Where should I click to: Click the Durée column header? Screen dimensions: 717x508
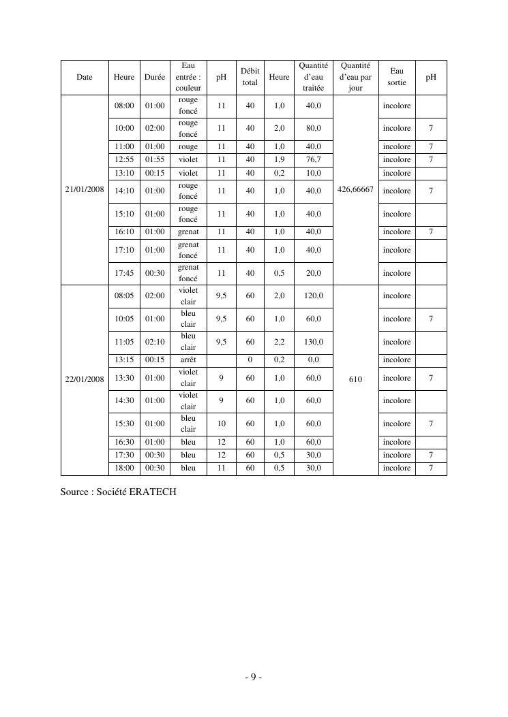tap(155, 77)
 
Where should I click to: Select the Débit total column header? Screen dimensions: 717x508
tap(250, 77)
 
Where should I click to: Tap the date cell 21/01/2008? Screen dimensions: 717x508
tap(85, 190)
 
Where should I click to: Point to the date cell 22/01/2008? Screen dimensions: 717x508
tap(85, 379)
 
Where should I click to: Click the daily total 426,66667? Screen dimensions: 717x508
tap(355, 190)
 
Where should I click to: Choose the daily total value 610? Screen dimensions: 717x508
tap(355, 379)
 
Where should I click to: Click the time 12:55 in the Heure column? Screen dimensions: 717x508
tap(124, 159)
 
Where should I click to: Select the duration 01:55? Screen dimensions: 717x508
tap(155, 159)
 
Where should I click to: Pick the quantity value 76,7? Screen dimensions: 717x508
tap(314, 159)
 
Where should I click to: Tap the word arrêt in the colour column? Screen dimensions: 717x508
tap(188, 360)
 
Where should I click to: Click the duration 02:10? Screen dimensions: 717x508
tap(155, 342)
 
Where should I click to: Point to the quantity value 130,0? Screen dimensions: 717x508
tap(314, 342)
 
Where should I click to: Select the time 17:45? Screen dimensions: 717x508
tap(124, 273)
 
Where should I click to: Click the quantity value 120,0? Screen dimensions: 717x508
tap(314, 296)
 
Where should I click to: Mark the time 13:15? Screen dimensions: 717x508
tap(124, 360)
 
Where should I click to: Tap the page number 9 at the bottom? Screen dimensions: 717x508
tap(253, 677)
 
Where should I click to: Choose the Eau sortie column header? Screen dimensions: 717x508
tap(396, 77)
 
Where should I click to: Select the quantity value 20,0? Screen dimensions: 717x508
tap(314, 273)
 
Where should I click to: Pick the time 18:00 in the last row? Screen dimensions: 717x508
tap(124, 468)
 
